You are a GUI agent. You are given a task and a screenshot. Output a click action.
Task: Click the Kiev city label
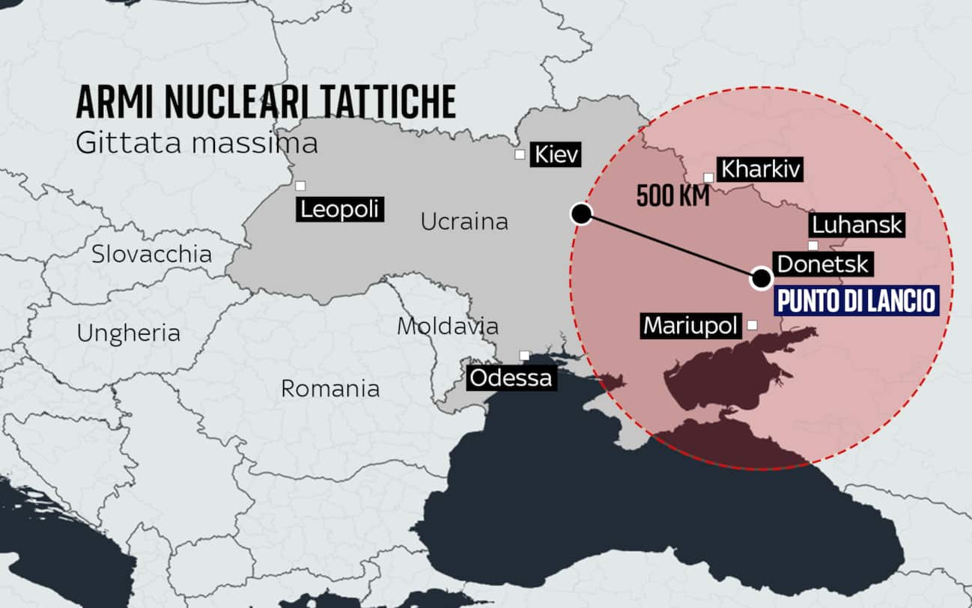click(x=555, y=155)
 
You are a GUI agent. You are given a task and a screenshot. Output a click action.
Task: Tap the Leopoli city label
click(x=339, y=209)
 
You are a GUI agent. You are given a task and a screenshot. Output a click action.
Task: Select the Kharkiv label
click(x=760, y=169)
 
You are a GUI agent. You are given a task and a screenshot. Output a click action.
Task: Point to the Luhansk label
click(x=857, y=225)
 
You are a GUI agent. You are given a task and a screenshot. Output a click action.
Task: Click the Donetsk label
click(x=822, y=264)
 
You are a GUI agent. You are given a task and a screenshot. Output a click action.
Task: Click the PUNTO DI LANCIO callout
click(x=857, y=300)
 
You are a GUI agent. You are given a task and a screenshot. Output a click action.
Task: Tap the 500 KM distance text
click(x=668, y=195)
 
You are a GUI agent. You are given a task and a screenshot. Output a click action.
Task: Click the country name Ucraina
click(x=464, y=222)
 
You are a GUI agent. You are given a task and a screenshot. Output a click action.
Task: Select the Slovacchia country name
click(x=151, y=254)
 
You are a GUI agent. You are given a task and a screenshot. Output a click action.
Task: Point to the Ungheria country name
click(x=129, y=332)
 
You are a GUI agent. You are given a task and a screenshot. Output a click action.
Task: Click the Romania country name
click(x=329, y=388)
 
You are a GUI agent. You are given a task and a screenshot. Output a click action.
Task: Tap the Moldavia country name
click(x=447, y=326)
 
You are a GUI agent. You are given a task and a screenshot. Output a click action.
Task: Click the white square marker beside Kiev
click(x=520, y=155)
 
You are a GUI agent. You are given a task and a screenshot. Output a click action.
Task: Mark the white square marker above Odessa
click(x=525, y=355)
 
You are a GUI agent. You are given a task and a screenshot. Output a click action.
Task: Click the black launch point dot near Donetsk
click(x=762, y=279)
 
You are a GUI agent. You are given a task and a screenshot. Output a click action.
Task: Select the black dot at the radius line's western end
click(x=581, y=214)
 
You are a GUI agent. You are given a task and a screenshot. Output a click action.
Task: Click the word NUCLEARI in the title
click(x=243, y=103)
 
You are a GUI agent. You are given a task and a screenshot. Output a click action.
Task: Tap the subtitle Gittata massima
click(x=196, y=142)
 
